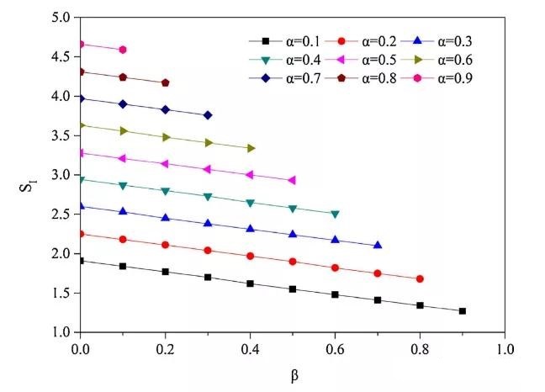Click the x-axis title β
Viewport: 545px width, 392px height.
point(293,373)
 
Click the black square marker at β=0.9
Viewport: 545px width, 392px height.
point(463,311)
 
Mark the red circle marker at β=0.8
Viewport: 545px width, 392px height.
point(420,278)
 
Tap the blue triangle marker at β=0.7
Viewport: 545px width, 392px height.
point(378,245)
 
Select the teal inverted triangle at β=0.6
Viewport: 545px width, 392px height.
point(335,215)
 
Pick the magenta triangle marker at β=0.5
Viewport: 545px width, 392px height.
point(292,180)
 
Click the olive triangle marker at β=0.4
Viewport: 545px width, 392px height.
point(250,148)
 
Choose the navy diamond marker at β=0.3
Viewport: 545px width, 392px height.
point(208,114)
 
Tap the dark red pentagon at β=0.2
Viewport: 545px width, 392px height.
point(166,82)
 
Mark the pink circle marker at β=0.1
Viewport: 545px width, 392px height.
point(123,50)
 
